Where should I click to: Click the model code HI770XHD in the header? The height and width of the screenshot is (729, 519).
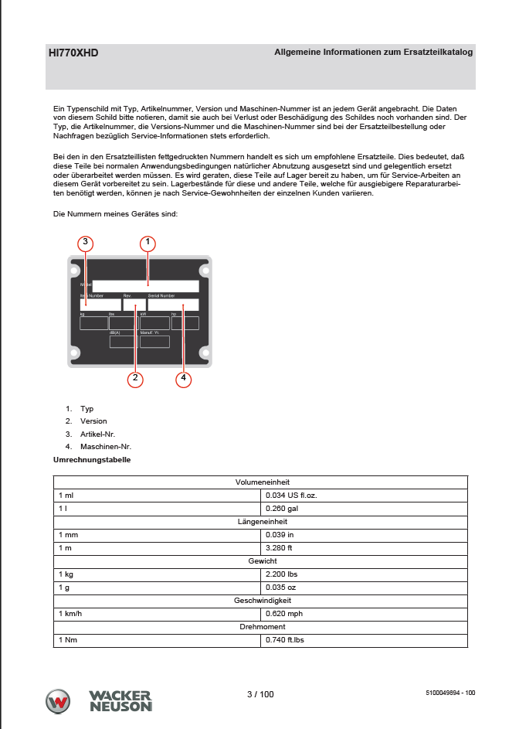[x=73, y=53]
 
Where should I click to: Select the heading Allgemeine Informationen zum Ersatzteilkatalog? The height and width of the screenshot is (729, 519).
[x=374, y=52]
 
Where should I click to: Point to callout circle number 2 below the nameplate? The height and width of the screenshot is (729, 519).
[x=135, y=378]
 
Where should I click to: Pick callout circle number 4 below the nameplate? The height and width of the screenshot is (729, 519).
[x=183, y=378]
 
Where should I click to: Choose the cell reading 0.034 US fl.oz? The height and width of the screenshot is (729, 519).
[x=290, y=495]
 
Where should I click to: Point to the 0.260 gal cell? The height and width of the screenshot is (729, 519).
[x=281, y=509]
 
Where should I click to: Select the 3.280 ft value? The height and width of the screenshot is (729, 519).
[x=279, y=548]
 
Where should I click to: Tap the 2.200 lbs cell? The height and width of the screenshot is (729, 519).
[x=281, y=574]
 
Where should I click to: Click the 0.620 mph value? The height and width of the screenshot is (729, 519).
[x=283, y=614]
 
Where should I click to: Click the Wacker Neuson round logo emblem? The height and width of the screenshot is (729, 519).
[x=59, y=700]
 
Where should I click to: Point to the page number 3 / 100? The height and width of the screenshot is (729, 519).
[x=260, y=694]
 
